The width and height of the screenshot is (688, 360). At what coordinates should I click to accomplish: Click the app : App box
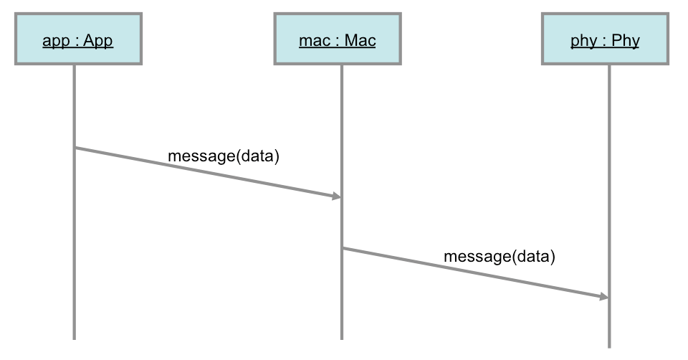(x=79, y=39)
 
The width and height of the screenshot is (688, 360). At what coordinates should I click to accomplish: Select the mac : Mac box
(x=338, y=39)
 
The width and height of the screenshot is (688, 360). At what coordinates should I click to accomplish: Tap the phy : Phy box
(x=605, y=39)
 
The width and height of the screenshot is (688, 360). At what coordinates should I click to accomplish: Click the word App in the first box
(x=98, y=41)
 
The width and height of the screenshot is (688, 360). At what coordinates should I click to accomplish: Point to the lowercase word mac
(x=315, y=41)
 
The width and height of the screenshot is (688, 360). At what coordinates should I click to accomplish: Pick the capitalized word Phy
(x=626, y=41)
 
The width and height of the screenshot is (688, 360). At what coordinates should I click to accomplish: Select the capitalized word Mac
(x=360, y=40)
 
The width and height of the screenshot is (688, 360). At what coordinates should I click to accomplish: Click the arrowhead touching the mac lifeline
(x=337, y=196)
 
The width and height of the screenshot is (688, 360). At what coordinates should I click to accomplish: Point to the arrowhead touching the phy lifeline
(x=604, y=297)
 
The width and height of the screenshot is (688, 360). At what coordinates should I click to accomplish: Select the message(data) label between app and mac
(x=224, y=156)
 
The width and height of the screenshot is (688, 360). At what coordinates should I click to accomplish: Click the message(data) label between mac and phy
(x=500, y=257)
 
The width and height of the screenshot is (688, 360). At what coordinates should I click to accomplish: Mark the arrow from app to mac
(x=209, y=172)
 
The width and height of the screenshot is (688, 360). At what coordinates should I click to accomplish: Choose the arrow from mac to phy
(x=476, y=273)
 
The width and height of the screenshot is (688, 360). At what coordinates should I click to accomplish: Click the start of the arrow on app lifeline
(x=75, y=148)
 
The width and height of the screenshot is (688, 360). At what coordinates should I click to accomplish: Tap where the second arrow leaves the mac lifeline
(x=343, y=249)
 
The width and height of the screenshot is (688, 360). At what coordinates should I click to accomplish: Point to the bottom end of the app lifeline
(x=74, y=339)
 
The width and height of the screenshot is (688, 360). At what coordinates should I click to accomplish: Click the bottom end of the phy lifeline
(x=609, y=347)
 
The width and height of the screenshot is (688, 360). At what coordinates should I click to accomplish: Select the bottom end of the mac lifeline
(x=341, y=339)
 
